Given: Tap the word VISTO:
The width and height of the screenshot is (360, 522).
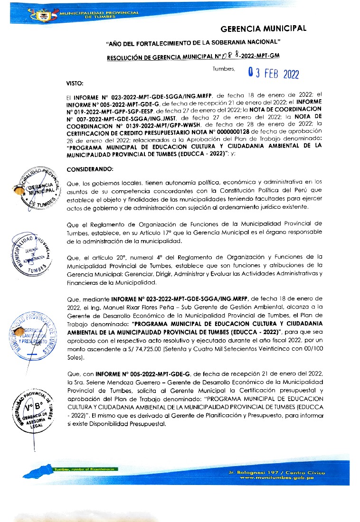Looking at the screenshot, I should click(x=75, y=84).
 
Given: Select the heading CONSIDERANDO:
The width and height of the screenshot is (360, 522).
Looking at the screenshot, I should click(x=90, y=169).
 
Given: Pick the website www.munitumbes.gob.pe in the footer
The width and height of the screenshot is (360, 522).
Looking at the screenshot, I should click(x=277, y=478).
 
